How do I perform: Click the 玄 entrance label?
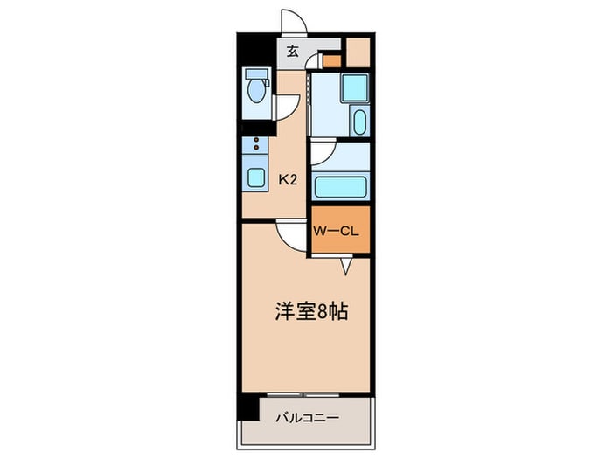tap(293, 52)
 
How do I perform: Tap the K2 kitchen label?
tap(289, 180)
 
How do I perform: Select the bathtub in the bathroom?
tap(340, 185)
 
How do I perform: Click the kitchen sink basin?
tap(254, 178)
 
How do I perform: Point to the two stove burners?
tap(255, 143)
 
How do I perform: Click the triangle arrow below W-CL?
tap(347, 267)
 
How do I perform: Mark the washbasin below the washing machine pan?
tap(359, 122)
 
